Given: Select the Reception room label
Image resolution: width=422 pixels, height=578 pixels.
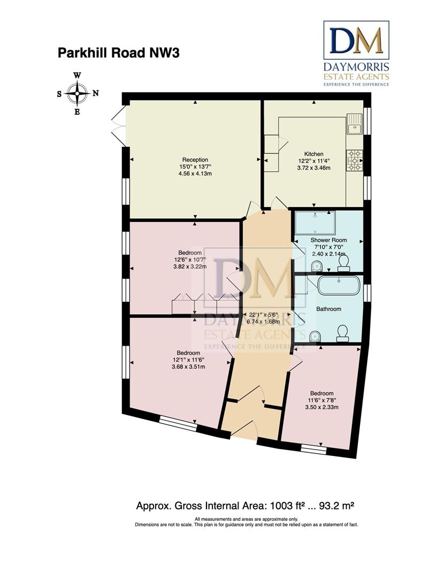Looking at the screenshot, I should pyautogui.click(x=195, y=159).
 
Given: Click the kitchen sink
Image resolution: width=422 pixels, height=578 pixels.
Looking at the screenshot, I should pyautogui.click(x=354, y=128).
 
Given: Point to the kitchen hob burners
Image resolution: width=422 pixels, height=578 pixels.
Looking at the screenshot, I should pyautogui.click(x=354, y=161).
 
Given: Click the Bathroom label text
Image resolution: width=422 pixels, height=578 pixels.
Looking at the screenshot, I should pyautogui.click(x=328, y=309).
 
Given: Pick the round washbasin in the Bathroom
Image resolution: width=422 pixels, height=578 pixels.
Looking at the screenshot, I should pyautogui.click(x=315, y=336).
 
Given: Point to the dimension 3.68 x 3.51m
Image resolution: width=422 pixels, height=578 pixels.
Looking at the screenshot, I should pyautogui.click(x=188, y=367).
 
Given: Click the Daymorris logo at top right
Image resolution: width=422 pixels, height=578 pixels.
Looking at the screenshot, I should pyautogui.click(x=356, y=54).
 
